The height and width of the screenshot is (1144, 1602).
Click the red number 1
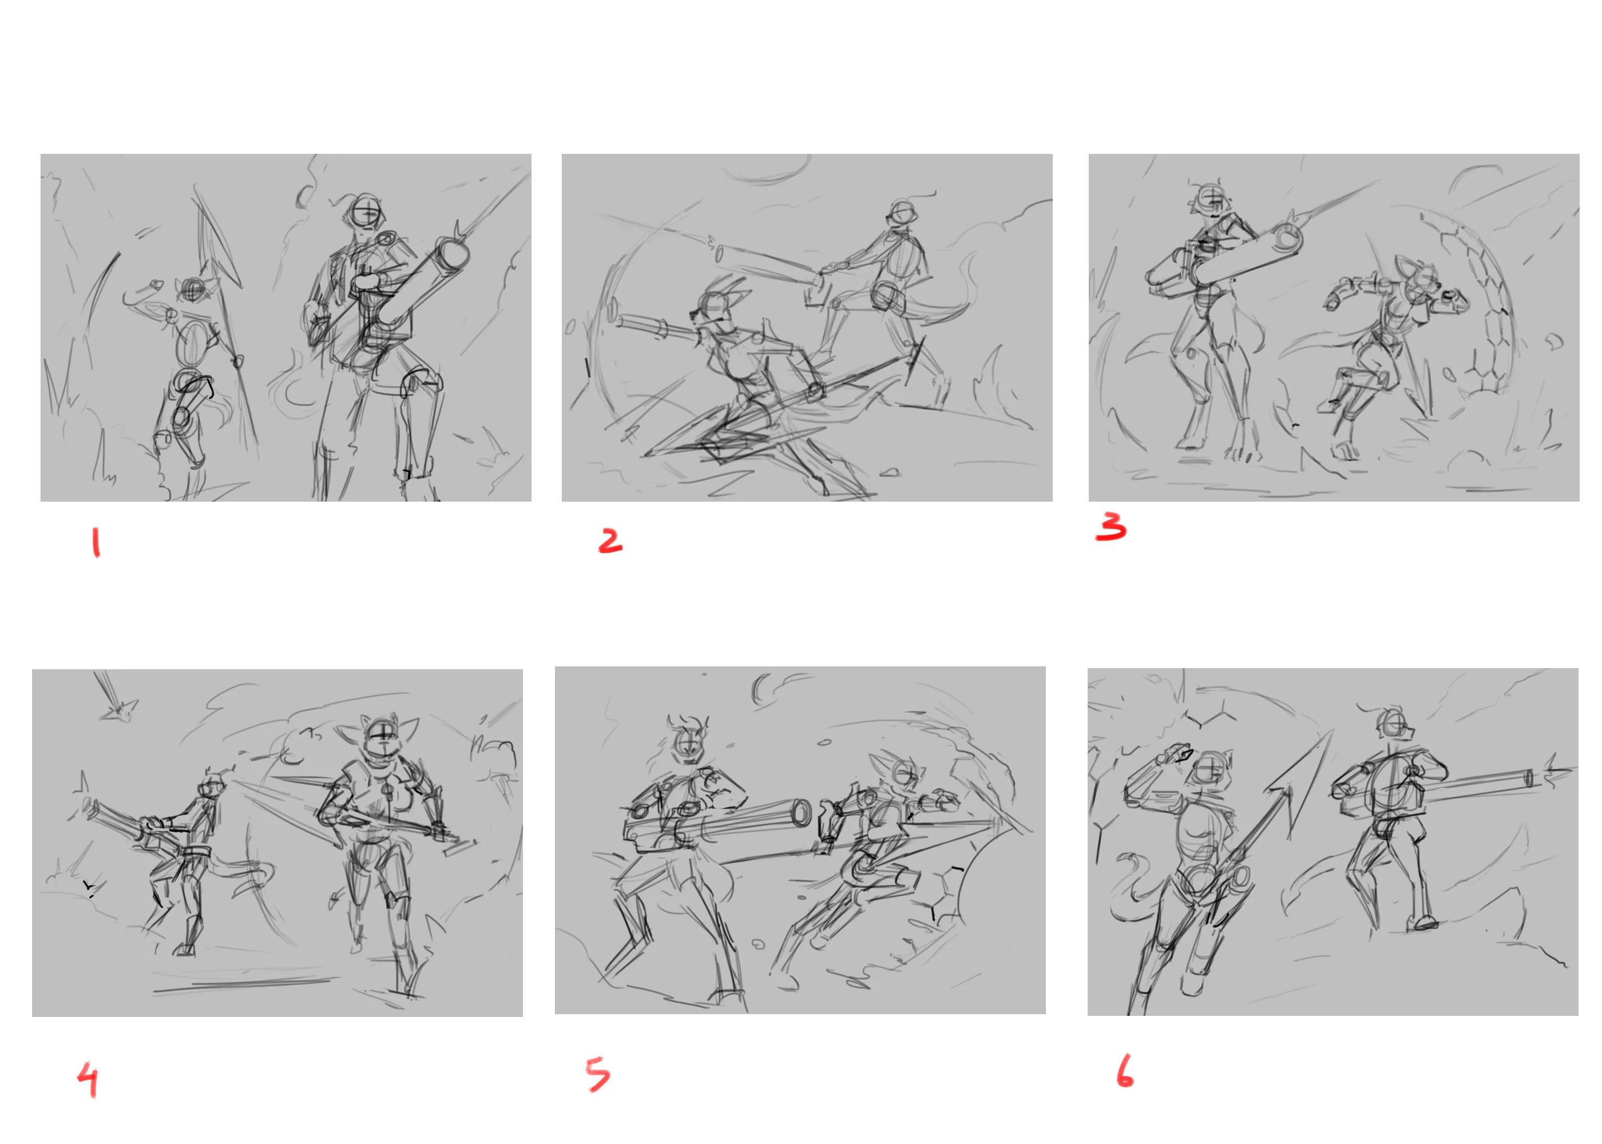click(96, 543)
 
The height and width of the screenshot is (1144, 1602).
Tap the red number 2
click(610, 541)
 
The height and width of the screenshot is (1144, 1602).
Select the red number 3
click(1111, 527)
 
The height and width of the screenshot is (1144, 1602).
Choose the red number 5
click(598, 1074)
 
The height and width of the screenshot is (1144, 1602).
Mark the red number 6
click(1125, 1071)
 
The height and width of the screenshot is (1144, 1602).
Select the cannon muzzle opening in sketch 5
click(801, 813)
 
